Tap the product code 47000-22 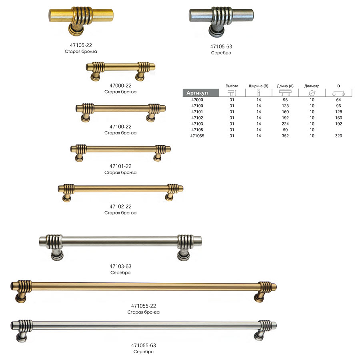[120, 86]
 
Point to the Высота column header [232, 86]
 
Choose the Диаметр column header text [312, 86]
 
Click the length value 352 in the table [285, 136]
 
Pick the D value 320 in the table [338, 136]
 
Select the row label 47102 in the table [197, 118]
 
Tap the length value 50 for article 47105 [285, 130]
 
